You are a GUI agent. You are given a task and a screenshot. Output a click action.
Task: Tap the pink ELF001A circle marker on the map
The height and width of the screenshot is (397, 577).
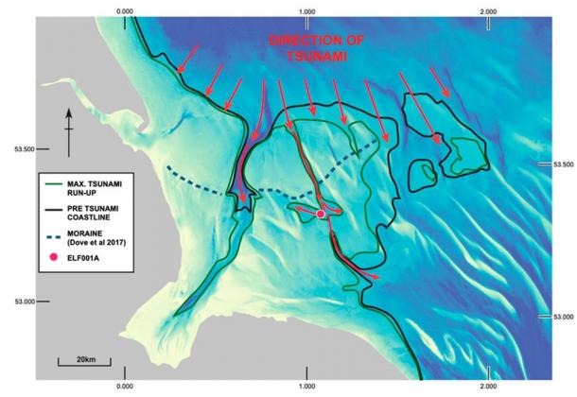tap(321, 215)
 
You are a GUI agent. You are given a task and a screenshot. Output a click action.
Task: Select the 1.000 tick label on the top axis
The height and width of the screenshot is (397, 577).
tap(306, 11)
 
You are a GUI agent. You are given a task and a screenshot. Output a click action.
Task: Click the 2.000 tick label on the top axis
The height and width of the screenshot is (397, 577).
tap(489, 11)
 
